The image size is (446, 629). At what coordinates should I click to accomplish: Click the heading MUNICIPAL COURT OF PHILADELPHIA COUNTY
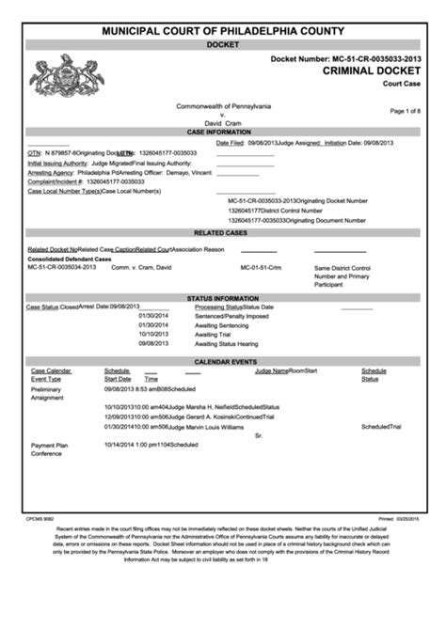coord(223,32)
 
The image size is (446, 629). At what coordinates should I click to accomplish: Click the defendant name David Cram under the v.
coord(223,122)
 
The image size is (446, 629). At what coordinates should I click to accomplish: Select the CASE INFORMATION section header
coord(223,132)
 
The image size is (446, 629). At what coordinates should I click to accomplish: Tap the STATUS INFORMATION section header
coord(223,298)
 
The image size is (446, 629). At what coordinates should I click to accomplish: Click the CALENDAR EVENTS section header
coord(223,361)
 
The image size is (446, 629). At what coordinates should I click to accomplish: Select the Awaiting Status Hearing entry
coord(226,343)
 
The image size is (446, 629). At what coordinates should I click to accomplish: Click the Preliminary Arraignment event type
coord(47,393)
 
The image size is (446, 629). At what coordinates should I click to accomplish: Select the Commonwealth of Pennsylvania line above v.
coord(224,105)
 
